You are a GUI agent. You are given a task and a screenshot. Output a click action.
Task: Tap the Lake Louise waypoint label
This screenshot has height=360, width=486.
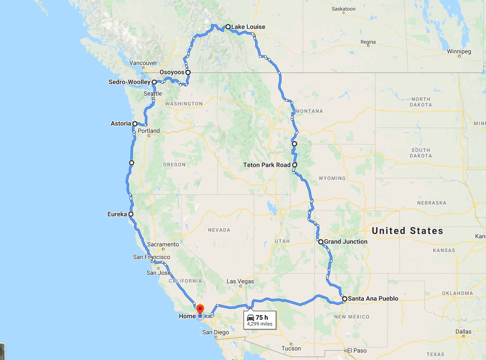248,27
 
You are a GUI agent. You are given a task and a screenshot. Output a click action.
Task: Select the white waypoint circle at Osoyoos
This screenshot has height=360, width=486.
188,72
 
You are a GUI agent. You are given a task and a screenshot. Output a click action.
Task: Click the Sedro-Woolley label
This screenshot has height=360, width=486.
129,82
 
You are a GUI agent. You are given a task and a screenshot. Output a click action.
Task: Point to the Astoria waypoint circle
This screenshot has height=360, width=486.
135,124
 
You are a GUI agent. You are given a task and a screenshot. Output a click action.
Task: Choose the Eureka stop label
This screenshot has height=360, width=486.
117,214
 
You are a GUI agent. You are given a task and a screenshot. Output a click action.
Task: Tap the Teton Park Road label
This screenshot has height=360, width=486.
267,165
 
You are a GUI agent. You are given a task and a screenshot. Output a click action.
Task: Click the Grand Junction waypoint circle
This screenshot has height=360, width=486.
321,242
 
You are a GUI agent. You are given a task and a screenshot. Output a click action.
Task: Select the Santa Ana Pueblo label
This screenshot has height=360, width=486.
373,298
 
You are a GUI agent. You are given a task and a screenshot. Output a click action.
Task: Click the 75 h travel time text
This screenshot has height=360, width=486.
262,317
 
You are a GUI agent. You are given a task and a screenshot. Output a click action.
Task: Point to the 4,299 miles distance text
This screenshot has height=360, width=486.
260,324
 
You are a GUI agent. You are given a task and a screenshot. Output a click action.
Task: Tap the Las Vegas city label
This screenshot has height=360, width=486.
240,281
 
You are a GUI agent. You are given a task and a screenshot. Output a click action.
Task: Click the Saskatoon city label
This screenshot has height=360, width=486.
343,9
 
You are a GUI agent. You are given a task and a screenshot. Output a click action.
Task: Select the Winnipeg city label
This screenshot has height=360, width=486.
459,51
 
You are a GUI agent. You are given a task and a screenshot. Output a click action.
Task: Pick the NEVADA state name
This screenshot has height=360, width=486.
219,230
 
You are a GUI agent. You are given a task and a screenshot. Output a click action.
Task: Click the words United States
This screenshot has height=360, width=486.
407,231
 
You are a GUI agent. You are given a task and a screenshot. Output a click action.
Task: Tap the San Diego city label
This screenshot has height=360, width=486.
215,332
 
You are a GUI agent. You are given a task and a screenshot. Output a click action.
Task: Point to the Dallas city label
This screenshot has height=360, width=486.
463,332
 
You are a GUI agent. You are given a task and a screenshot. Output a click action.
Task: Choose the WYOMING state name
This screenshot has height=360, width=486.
332,178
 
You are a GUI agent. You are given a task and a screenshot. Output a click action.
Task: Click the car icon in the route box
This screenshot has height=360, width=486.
251,317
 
